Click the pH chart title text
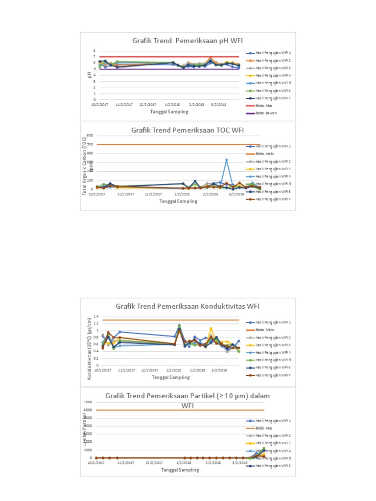click(188, 41)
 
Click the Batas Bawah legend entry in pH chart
click(265, 114)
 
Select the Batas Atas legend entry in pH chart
click(264, 106)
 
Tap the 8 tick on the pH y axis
click(95, 51)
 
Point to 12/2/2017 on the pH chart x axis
click(147, 105)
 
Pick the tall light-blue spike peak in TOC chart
click(226, 160)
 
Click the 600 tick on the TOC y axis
click(90, 136)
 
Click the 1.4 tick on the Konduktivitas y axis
click(96, 317)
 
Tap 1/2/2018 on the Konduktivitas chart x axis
click(173, 371)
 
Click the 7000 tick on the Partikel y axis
click(88, 402)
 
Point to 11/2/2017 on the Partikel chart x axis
click(124, 463)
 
